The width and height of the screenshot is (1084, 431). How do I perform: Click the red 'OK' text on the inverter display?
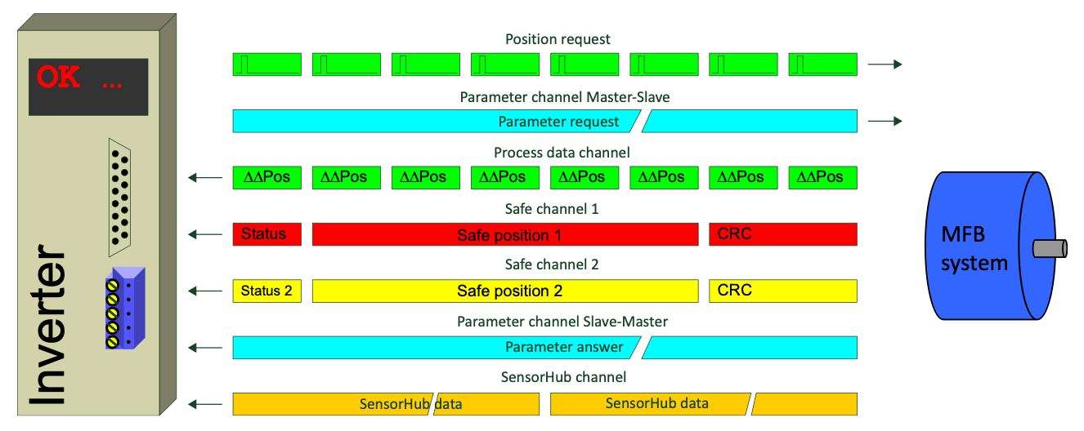[59, 78]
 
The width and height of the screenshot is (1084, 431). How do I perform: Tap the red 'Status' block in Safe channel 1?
[267, 234]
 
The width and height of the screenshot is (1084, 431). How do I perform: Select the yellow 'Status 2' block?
[267, 291]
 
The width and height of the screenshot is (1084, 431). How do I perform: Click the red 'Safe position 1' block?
[504, 235]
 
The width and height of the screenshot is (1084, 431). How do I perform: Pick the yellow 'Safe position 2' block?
[504, 291]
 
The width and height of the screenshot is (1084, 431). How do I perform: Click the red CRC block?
[782, 234]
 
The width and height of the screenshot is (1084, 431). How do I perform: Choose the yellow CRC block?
[782, 291]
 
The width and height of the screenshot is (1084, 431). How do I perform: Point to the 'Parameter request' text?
[559, 122]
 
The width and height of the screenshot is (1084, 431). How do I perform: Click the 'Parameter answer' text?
[564, 347]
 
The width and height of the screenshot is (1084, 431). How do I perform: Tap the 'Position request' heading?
[558, 39]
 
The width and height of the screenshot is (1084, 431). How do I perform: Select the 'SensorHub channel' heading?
[563, 377]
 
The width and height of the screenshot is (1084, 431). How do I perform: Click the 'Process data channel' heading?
[562, 153]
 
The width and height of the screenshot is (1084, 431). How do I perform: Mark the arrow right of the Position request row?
[885, 64]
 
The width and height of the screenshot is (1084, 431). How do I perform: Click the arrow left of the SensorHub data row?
[205, 403]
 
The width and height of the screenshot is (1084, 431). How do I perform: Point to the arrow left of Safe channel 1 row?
[205, 235]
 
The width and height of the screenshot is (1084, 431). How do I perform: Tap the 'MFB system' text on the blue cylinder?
[974, 249]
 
